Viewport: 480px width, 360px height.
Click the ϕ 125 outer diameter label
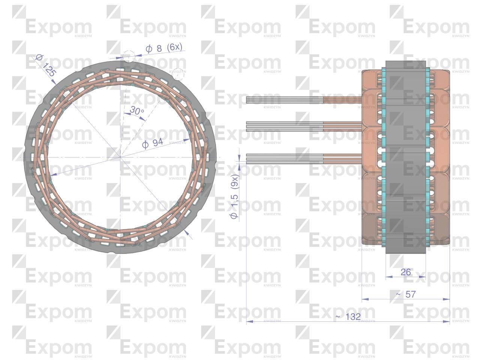tap(45, 66)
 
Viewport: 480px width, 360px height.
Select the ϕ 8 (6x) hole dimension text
tap(164, 48)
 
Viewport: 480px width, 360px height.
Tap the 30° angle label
tap(137, 110)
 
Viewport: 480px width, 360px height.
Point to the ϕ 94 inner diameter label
tap(152, 143)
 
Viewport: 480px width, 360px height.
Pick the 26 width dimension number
tap(406, 272)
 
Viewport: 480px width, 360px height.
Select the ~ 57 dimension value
tap(406, 294)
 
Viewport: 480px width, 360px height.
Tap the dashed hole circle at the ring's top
tap(129, 57)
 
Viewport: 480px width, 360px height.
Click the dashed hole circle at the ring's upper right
tap(178, 74)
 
